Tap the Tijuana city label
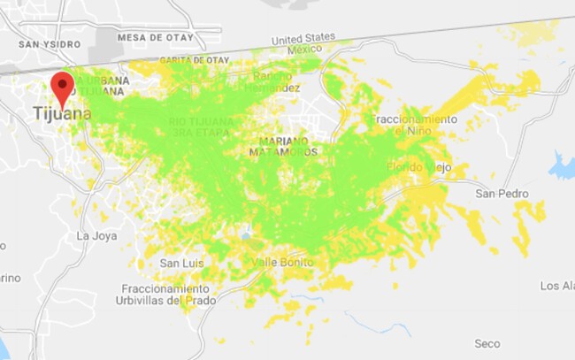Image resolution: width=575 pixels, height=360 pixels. click(61, 114)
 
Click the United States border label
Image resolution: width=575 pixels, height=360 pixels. click(303, 39)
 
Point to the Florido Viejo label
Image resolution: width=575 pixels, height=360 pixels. click(419, 167)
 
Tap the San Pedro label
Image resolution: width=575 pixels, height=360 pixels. click(502, 194)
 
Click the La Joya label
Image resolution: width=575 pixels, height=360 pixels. click(96, 235)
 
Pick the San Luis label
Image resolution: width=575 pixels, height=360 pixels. click(182, 263)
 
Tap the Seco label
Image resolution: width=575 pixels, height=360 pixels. click(487, 343)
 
